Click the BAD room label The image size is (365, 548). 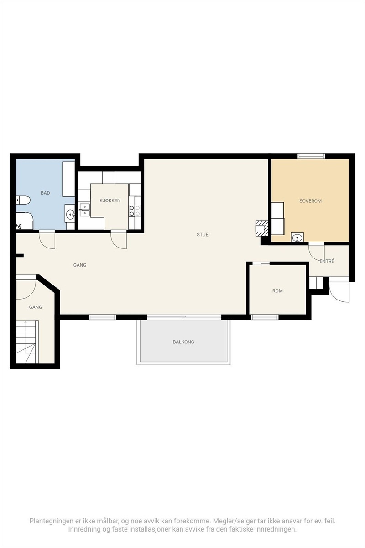[45, 193]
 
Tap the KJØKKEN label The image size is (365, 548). [110, 200]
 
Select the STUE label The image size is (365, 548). [203, 235]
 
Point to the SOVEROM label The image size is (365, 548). [311, 201]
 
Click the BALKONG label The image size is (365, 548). [183, 342]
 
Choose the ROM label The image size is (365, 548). [277, 291]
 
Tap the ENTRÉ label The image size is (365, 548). [327, 261]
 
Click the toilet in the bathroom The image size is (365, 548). [23, 200]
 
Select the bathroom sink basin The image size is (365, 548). [70, 215]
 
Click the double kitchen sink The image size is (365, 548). [84, 211]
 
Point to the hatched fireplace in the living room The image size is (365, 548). [262, 228]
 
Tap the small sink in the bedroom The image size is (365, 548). [297, 237]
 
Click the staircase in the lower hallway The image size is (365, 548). [27, 342]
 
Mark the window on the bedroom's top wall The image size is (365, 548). [311, 156]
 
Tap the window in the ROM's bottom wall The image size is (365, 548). [265, 317]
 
